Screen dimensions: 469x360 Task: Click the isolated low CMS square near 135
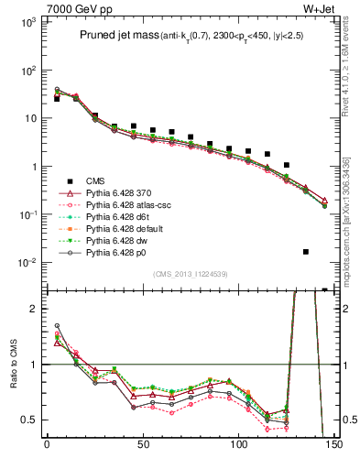point(306,252)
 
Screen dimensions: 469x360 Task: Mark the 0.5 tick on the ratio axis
point(30,420)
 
